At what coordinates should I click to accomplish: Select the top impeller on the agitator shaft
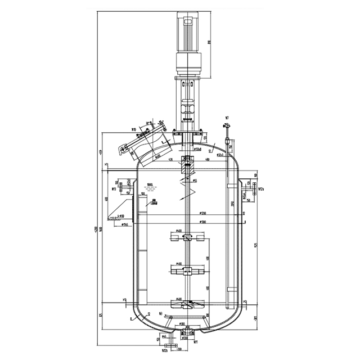[x=185, y=238]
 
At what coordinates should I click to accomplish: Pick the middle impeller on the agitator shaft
[x=185, y=271]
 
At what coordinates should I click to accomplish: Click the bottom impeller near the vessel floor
[x=185, y=307]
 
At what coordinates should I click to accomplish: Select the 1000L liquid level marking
[x=149, y=184]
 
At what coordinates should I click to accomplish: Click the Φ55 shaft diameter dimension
[x=195, y=181]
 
